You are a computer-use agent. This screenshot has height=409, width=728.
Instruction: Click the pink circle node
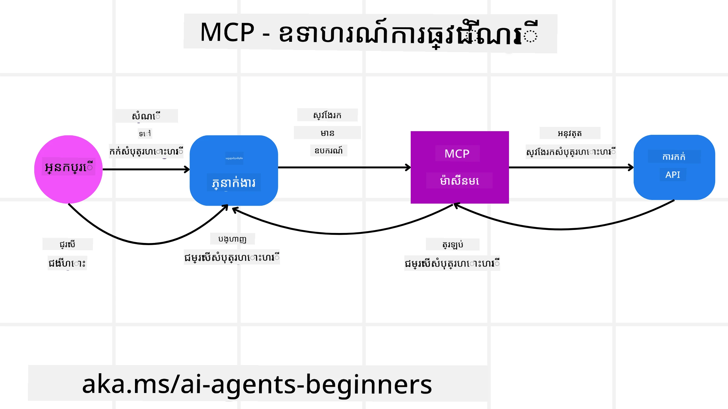(68, 185)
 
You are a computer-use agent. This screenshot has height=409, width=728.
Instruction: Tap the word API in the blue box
(672, 175)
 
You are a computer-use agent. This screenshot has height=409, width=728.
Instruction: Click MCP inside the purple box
(457, 154)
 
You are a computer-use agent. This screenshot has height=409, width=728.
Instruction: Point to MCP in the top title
(227, 32)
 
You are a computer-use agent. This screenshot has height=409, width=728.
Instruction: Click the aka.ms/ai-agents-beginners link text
(257, 384)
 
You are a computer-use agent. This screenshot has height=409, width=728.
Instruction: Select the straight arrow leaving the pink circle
(146, 169)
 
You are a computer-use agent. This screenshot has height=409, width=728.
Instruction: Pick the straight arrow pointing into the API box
(570, 167)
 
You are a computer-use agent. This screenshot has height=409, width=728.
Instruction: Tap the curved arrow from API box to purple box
(561, 229)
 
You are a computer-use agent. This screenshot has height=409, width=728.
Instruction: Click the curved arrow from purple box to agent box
(340, 234)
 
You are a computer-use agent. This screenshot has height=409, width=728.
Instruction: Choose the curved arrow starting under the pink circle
(149, 244)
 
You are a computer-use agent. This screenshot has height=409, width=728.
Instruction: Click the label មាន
(327, 133)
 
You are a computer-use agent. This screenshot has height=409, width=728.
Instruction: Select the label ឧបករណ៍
(329, 151)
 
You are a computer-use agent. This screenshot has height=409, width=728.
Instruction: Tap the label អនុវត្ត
(570, 133)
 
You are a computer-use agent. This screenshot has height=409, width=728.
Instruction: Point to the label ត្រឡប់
(453, 244)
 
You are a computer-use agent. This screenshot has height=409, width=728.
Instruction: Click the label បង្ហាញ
(232, 239)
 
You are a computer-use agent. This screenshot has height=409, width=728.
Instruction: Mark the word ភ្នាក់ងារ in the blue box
(234, 183)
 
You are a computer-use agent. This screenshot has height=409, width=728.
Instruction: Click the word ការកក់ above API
(674, 157)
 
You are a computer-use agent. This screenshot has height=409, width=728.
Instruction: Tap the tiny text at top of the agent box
(234, 158)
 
